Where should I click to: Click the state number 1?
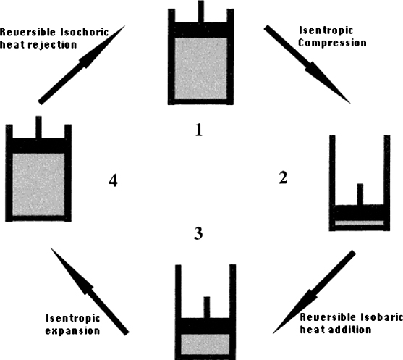[x=199, y=130]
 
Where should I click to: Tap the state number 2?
[x=283, y=177]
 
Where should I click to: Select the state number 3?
[x=198, y=234]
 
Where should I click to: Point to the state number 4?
[x=114, y=180]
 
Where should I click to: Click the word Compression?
[x=332, y=43]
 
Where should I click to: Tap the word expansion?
[x=72, y=331]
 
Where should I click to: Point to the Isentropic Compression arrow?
[x=307, y=64]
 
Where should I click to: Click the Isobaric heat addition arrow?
[x=314, y=292]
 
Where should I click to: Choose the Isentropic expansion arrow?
[x=90, y=292]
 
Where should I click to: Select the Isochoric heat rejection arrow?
[x=82, y=65]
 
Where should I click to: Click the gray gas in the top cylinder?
[x=200, y=68]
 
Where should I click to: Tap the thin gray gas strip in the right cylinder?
[x=360, y=223]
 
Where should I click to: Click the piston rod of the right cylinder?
[x=360, y=194]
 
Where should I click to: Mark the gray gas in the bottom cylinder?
[x=205, y=344]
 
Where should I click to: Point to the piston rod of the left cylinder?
[x=38, y=127]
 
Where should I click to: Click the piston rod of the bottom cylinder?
[x=207, y=308]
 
